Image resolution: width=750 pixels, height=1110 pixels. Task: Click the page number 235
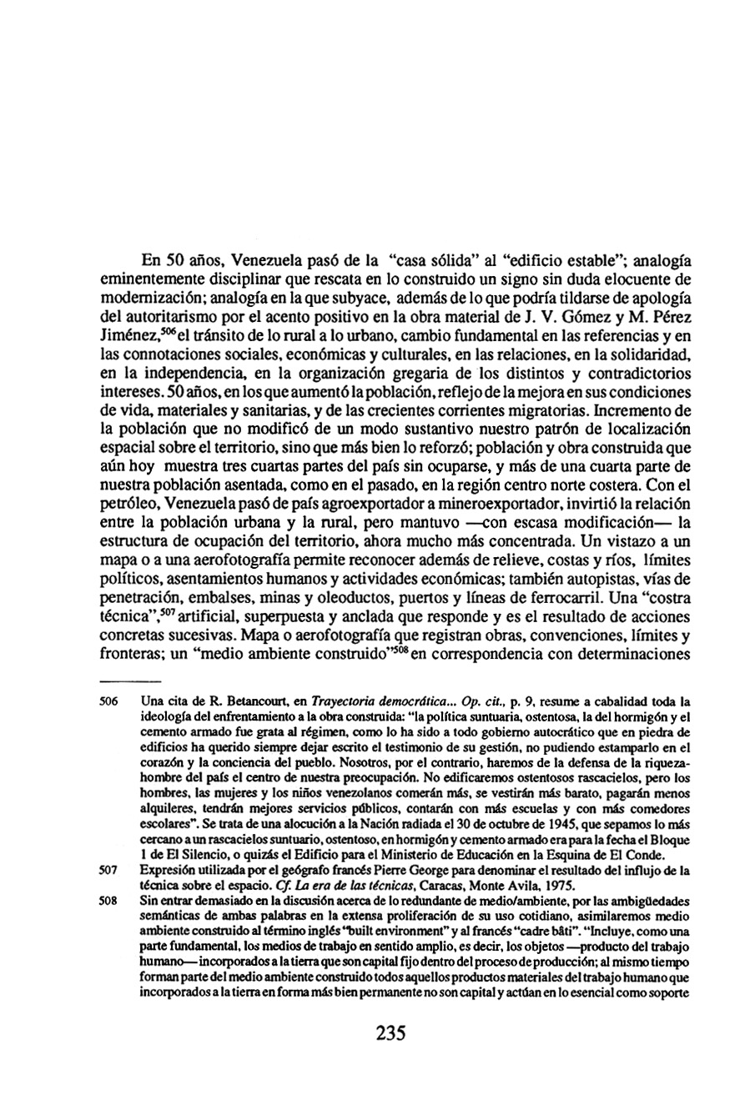385,1034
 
